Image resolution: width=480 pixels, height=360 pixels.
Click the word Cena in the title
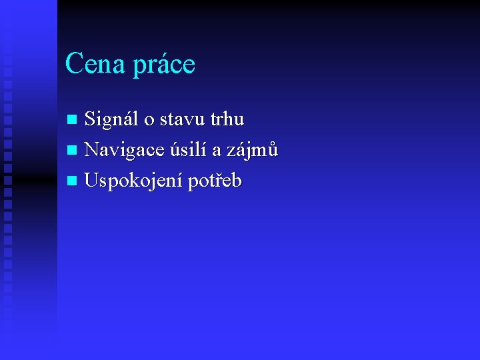(x=95, y=64)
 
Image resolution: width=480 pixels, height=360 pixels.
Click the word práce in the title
(x=164, y=65)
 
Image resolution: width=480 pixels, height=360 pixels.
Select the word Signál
(x=111, y=119)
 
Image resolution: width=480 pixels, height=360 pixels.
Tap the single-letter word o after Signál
(x=149, y=121)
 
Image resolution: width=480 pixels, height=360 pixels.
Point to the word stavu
(x=182, y=121)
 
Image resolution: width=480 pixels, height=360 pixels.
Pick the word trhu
(x=227, y=120)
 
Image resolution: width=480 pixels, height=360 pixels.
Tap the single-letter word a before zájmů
(x=217, y=152)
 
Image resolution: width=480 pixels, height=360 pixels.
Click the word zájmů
(x=253, y=151)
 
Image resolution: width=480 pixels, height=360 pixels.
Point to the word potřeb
(x=214, y=181)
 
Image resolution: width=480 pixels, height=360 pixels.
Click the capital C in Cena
(x=73, y=64)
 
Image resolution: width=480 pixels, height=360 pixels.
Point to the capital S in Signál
(x=90, y=119)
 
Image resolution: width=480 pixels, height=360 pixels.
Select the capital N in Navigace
(x=92, y=150)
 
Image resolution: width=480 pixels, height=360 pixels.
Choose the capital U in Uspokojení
(x=92, y=181)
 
